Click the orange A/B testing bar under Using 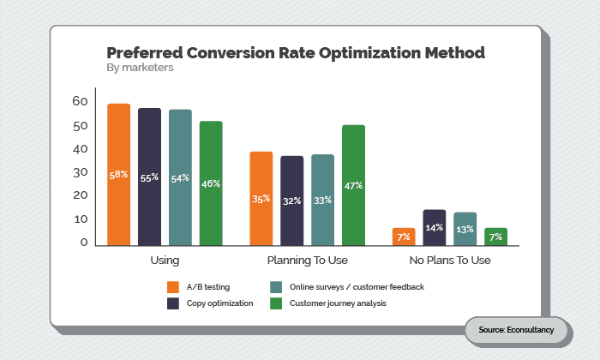[118, 175]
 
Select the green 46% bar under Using [211, 183]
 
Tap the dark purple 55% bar [149, 177]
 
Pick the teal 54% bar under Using [180, 178]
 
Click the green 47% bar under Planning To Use [353, 185]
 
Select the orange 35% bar [261, 199]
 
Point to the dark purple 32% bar [291, 201]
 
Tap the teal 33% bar [322, 200]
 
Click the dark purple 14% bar [434, 227]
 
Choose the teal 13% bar [465, 229]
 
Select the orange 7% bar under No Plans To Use [404, 237]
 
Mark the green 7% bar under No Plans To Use [496, 237]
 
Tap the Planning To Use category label [306, 260]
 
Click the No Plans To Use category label [449, 260]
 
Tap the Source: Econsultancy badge [517, 330]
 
